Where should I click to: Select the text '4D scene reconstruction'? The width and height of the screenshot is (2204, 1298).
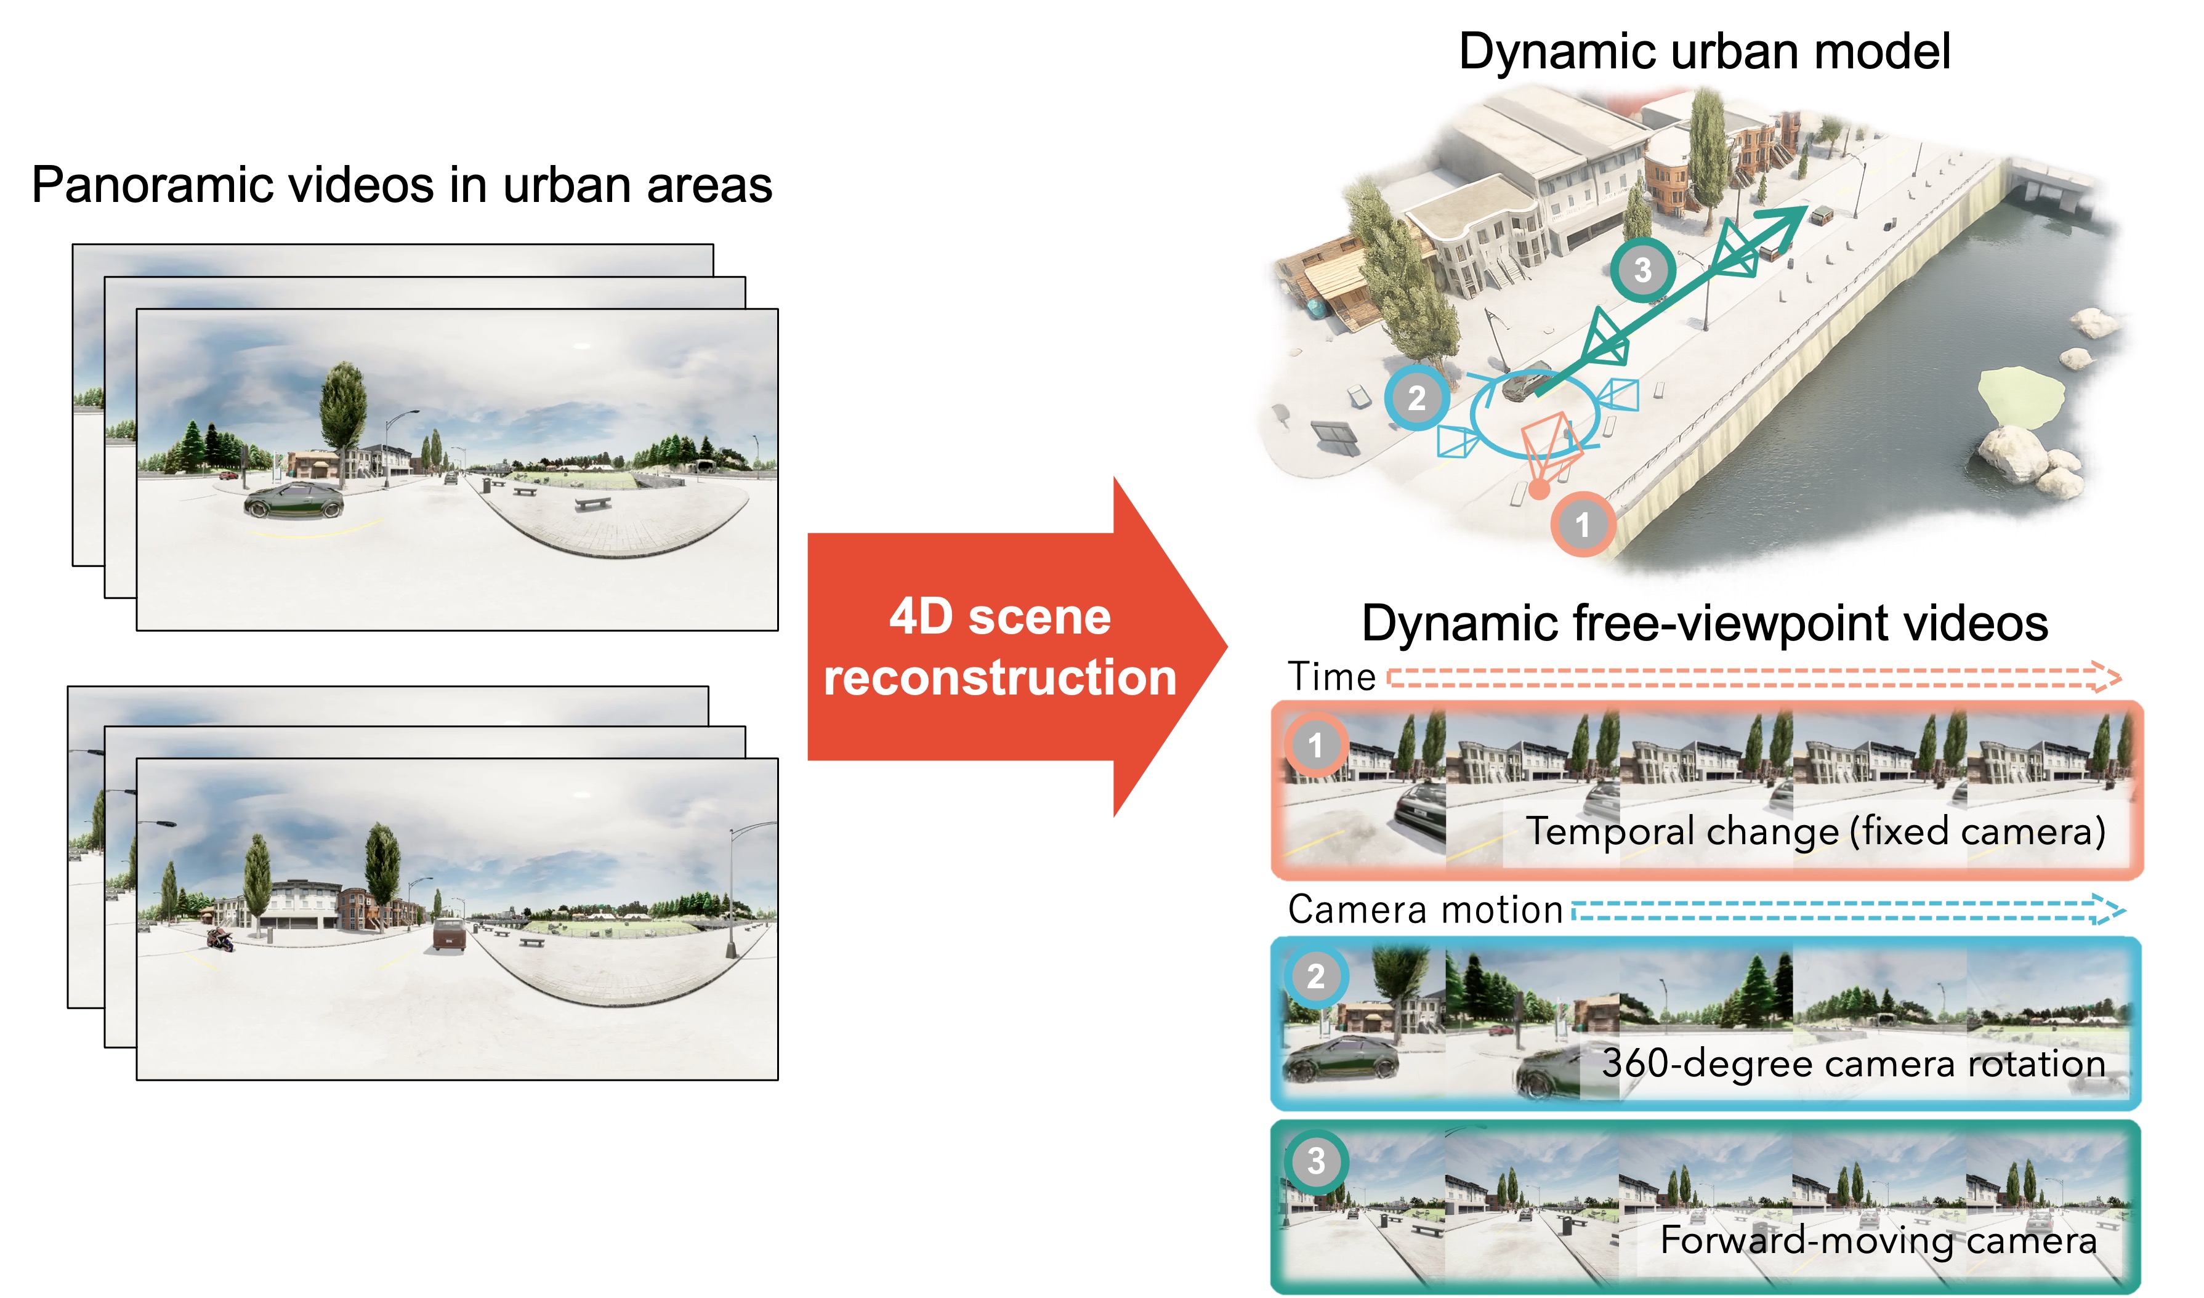(999, 647)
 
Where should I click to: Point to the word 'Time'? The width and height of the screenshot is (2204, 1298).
(1331, 677)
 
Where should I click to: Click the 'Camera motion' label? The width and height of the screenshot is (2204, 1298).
(1425, 909)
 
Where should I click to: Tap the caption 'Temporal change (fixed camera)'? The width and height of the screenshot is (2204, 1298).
(1815, 830)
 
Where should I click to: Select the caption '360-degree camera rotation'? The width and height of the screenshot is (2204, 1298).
(1852, 1063)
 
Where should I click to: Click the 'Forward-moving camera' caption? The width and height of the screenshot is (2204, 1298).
(1878, 1240)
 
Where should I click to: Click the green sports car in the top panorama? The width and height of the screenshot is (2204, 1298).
(293, 501)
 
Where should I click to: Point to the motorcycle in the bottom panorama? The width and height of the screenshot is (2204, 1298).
(219, 940)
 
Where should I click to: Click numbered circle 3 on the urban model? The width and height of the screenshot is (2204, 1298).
(1642, 270)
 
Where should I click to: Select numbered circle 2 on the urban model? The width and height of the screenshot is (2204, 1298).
(1416, 398)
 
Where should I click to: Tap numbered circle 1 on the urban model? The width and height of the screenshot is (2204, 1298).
(1582, 525)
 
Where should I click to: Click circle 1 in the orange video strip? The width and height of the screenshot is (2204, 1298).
(1315, 745)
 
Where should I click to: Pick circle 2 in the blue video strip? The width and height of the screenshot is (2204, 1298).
(1315, 975)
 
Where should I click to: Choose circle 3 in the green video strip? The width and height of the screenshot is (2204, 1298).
(1315, 1161)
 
